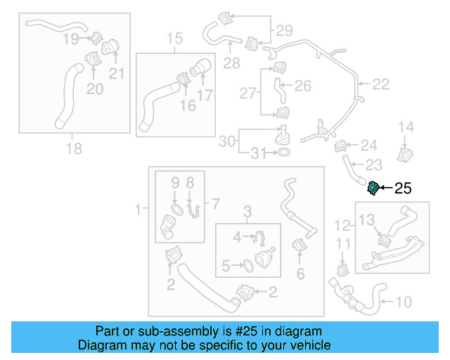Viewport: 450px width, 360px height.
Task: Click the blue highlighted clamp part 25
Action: [x=374, y=188]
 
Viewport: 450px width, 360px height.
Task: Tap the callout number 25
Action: [x=402, y=188]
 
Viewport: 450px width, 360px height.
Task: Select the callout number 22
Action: [x=380, y=84]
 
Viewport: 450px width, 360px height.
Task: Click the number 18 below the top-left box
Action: [x=73, y=148]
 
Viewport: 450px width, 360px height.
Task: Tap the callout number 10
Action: [x=404, y=303]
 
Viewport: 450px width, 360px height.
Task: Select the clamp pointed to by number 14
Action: [x=405, y=152]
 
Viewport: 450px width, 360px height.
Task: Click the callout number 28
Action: [x=231, y=63]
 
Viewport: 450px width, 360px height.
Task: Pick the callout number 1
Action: [x=138, y=208]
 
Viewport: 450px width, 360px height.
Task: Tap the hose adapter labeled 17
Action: [x=200, y=70]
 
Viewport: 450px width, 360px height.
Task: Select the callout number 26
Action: [x=302, y=86]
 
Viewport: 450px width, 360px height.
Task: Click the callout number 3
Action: [x=247, y=211]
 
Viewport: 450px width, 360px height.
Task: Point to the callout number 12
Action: [x=342, y=226]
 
